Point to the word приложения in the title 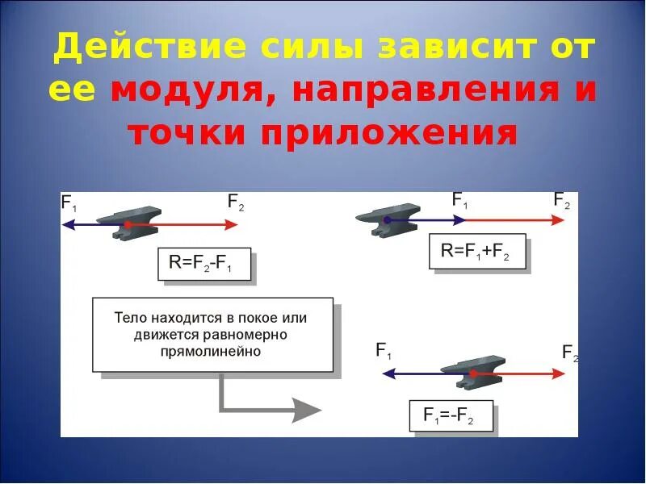pyautogui.click(x=388, y=131)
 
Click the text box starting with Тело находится pyautogui.click(x=212, y=335)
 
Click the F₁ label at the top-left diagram pyautogui.click(x=70, y=202)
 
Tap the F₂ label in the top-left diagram pyautogui.click(x=236, y=202)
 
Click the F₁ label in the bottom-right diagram pyautogui.click(x=384, y=350)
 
